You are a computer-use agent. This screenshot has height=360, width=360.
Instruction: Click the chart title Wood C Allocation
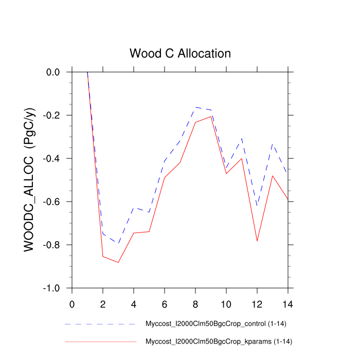point(180,53)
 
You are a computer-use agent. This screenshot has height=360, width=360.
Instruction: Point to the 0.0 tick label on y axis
point(53,73)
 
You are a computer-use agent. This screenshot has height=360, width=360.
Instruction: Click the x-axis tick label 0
point(72,303)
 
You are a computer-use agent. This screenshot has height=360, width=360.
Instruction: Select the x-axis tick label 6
point(165,303)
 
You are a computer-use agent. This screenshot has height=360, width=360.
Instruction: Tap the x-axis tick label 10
point(226,303)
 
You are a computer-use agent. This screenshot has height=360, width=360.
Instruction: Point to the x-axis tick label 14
point(288,303)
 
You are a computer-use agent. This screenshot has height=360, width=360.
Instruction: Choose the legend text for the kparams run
point(220,341)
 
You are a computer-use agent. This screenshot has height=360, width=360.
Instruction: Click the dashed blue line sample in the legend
point(100,325)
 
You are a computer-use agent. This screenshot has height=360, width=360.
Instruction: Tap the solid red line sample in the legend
point(100,341)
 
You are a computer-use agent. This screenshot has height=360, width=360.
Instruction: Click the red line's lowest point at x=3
point(118,262)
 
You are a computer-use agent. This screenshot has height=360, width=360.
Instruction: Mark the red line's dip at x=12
point(257,241)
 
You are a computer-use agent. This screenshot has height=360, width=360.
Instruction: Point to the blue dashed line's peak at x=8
point(195,107)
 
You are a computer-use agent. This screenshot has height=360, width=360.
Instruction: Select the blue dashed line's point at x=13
point(273,144)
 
